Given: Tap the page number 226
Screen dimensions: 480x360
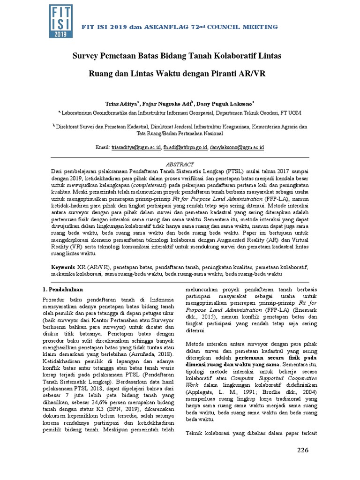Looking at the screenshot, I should point(303,450).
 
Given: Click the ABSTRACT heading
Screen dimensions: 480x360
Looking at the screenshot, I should point(180,164).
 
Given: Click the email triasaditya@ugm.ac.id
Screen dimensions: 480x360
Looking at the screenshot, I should point(135,147).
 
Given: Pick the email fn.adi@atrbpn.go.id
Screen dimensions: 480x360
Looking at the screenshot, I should point(185,147).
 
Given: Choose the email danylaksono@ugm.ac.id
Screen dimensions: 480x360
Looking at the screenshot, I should point(237,147).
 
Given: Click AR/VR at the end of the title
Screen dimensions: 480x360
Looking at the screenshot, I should point(255,74).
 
